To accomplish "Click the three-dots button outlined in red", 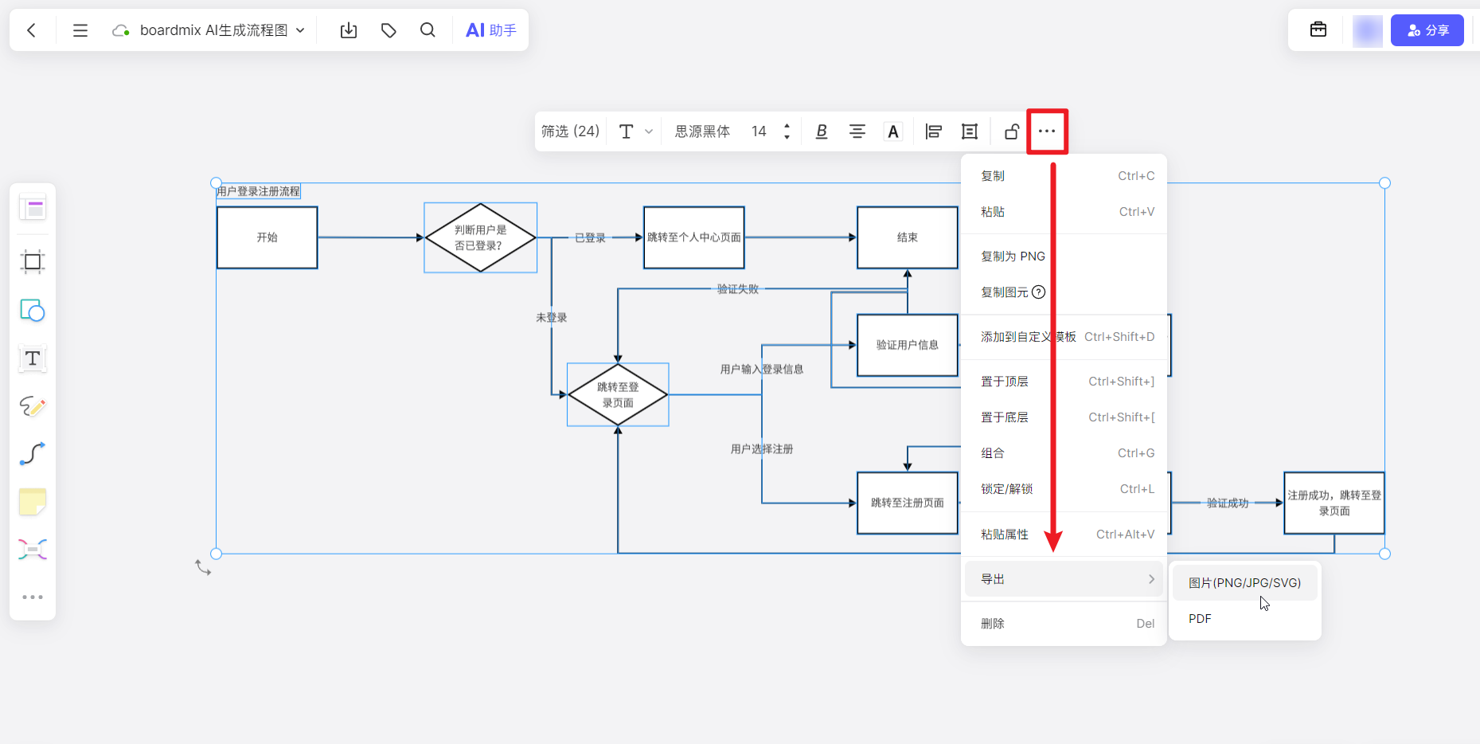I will (x=1047, y=131).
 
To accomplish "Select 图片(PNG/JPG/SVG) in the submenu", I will (x=1244, y=583).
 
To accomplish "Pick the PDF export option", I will (x=1200, y=619).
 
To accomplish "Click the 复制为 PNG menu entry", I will (x=1013, y=256).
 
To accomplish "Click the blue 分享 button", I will (x=1427, y=30).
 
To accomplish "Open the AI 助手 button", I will (x=491, y=30).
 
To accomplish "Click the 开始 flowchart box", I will (x=267, y=237).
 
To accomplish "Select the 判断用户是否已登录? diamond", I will (x=480, y=237).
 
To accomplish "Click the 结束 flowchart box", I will (x=907, y=237).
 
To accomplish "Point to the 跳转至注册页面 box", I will (x=907, y=503).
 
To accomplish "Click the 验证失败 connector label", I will (x=737, y=289).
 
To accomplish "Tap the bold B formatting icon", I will (x=822, y=131).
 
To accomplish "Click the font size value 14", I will (x=759, y=131).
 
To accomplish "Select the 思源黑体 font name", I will (x=702, y=131).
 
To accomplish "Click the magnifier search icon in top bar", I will (x=428, y=30).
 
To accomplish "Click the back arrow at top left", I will (x=32, y=30).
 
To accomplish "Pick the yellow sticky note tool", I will (x=33, y=502).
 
